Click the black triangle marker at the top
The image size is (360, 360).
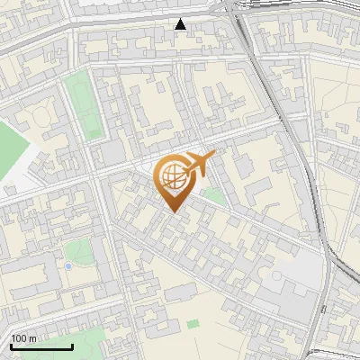coord(181,24)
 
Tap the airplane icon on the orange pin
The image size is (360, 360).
coord(201,163)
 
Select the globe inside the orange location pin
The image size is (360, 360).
coord(172,175)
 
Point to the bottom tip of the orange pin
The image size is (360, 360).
coord(174,212)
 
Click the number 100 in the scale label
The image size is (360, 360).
coord(20,338)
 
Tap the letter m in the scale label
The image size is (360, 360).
coord(33,338)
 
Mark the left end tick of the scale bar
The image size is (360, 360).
coord(10,345)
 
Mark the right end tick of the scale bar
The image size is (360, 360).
coord(72,345)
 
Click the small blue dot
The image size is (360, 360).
coord(68,266)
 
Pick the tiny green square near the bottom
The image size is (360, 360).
coord(193,322)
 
